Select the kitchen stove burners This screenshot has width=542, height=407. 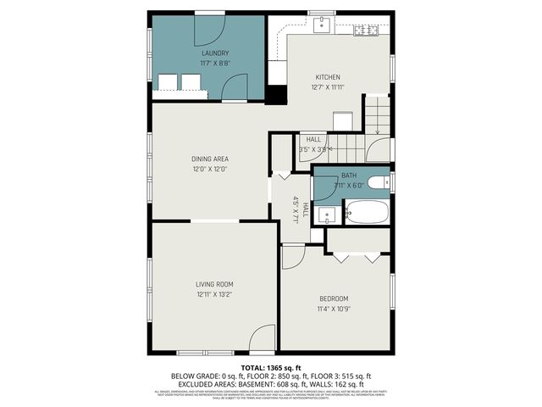366,31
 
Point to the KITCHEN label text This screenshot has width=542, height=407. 328,76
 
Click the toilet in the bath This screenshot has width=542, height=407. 379,181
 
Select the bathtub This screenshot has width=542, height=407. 366,212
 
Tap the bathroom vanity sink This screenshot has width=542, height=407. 326,214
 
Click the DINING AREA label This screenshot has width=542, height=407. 210,159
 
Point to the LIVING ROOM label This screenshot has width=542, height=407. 214,284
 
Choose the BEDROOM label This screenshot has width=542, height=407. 335,298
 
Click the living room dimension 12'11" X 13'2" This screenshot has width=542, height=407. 214,294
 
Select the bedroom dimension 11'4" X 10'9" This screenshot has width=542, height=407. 335,309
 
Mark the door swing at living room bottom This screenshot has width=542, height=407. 263,338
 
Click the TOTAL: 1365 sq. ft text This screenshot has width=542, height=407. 270,366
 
